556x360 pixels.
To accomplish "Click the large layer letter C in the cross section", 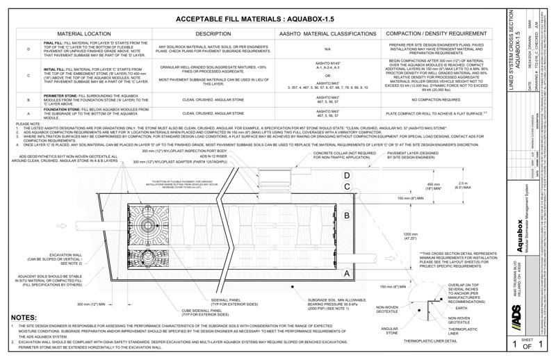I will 346,188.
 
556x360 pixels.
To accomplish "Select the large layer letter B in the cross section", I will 346,216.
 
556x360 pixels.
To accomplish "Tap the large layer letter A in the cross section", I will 346,273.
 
